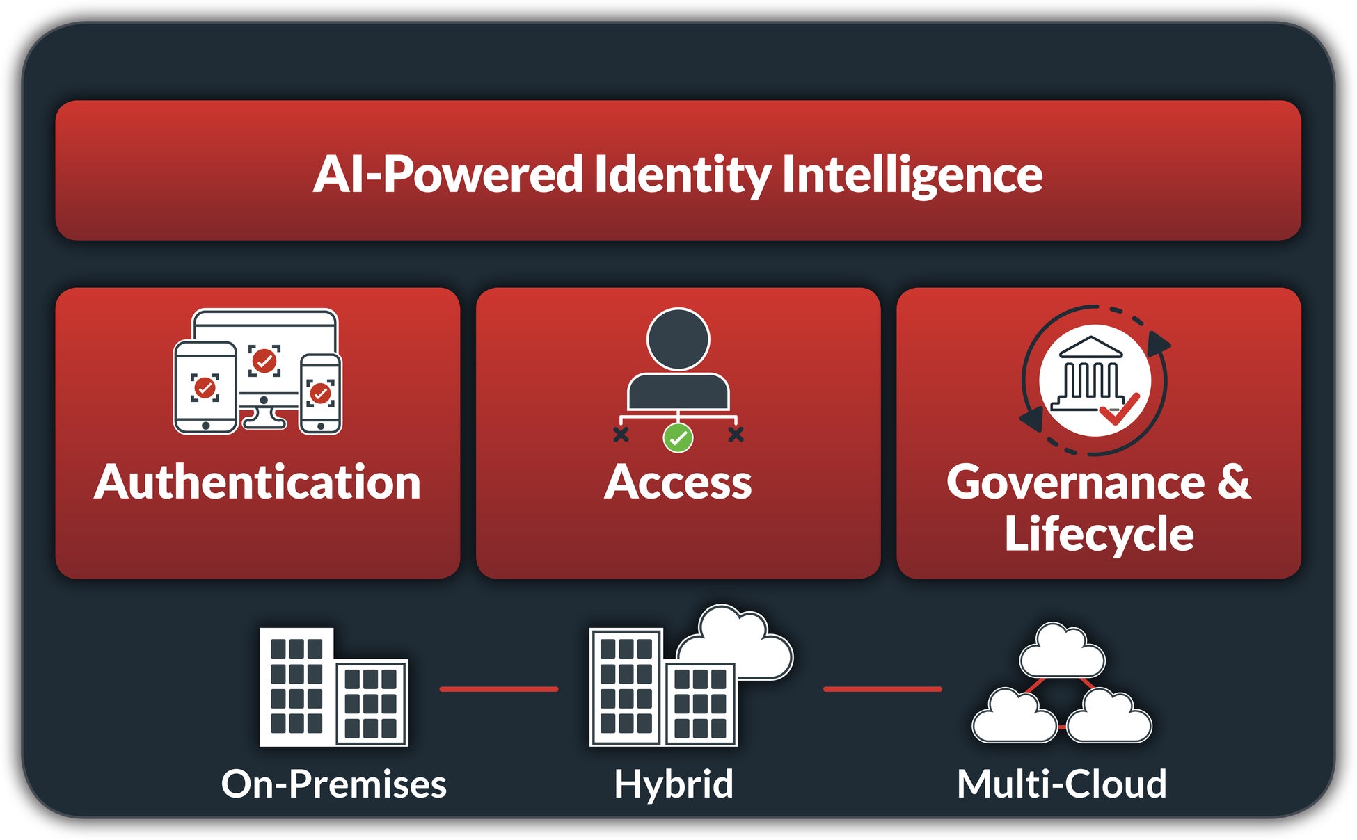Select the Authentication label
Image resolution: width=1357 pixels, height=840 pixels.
(x=257, y=482)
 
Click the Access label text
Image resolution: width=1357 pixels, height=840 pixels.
(x=678, y=482)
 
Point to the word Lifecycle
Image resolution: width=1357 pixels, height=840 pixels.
(x=1099, y=534)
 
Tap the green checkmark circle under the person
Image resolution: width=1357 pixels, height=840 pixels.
(x=678, y=438)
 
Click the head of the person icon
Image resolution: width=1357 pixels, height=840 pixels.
(x=678, y=339)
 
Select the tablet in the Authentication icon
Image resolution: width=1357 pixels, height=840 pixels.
(x=205, y=387)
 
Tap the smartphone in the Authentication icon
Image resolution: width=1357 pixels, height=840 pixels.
(x=320, y=394)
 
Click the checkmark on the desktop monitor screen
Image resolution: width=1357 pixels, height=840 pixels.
(x=264, y=360)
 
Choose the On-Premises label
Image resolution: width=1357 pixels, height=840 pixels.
(x=334, y=784)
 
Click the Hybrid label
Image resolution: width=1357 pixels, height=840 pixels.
(x=674, y=784)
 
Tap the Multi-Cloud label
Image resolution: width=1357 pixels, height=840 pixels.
(x=1061, y=784)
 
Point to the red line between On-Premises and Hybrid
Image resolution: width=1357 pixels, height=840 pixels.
(x=498, y=689)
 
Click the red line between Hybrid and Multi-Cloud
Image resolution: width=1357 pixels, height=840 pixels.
(x=882, y=689)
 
